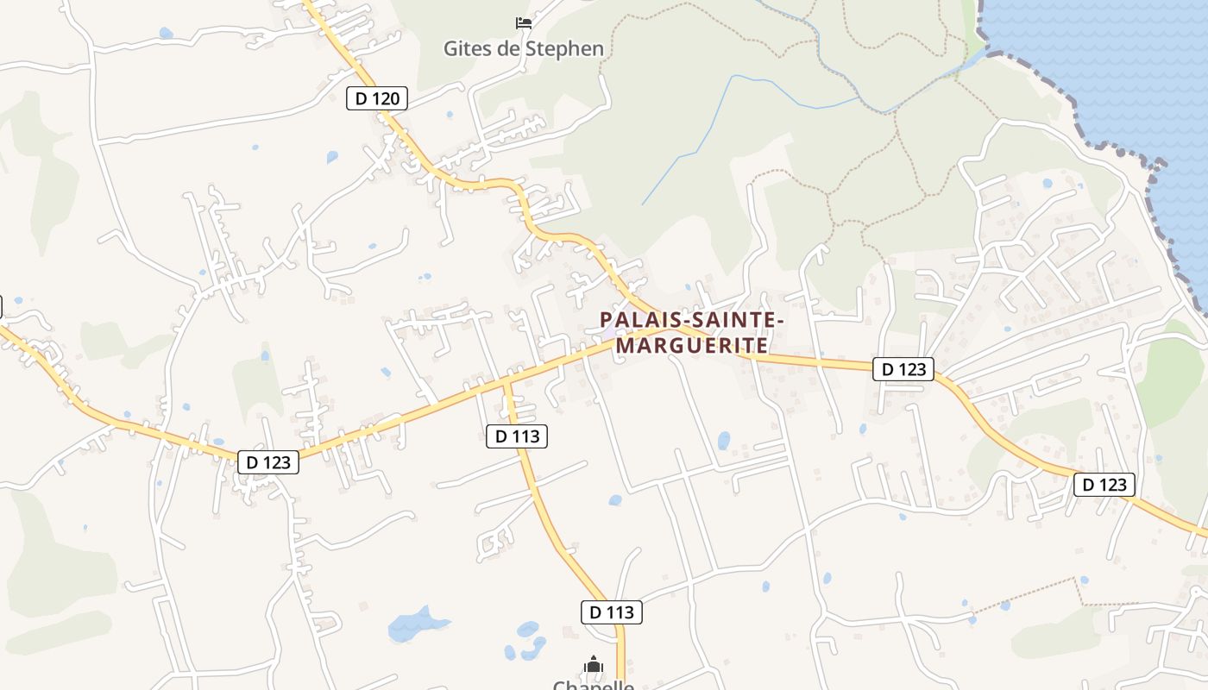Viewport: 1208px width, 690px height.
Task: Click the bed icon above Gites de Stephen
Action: (523, 22)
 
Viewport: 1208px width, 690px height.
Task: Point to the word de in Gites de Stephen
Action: (509, 48)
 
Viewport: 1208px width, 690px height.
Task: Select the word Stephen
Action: (563, 48)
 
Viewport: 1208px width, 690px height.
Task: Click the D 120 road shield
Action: (377, 98)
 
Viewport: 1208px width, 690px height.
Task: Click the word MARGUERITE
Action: (692, 346)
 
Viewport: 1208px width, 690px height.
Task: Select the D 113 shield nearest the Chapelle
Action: (612, 612)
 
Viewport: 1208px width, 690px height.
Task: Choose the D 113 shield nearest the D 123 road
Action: (517, 436)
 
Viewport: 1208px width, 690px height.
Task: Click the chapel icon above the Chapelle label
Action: (594, 664)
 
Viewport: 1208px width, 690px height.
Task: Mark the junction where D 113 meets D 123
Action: (506, 379)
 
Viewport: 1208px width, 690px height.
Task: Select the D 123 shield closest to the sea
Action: (1104, 485)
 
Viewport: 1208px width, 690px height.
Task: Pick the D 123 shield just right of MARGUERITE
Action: (904, 369)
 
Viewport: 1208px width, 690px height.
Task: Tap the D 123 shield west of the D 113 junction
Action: (268, 462)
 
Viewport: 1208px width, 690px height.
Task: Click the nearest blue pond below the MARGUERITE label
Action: (723, 441)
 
